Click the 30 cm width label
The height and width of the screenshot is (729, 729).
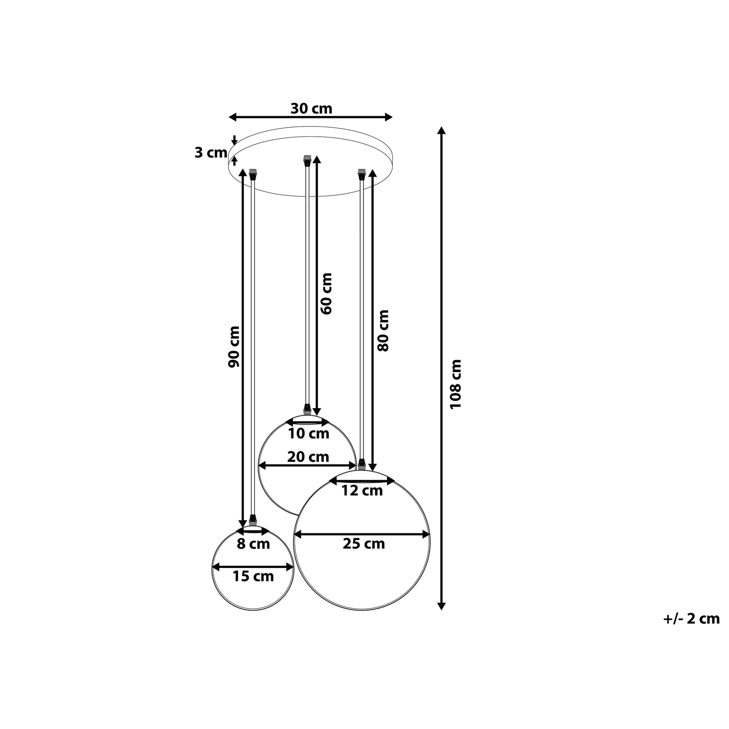[x=311, y=109]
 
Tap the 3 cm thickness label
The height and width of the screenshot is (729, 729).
[x=211, y=153]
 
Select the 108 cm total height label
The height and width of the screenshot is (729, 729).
[x=456, y=384]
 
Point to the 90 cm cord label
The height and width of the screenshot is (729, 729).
[x=234, y=347]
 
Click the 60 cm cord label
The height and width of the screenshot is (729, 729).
[x=326, y=294]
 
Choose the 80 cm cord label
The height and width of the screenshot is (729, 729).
[x=383, y=330]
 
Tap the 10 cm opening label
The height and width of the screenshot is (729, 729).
[x=309, y=434]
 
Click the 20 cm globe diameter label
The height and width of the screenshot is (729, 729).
[x=308, y=457]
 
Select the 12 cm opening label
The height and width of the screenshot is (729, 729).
[x=362, y=491]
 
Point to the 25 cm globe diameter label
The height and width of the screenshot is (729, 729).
[x=364, y=544]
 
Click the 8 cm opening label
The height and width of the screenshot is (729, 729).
[x=253, y=544]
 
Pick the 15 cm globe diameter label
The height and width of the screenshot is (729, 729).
[x=253, y=576]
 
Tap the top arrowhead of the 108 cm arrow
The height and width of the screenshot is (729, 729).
[x=441, y=131]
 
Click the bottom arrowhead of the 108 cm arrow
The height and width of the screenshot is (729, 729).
[x=441, y=606]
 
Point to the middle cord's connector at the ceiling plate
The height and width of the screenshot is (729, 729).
[x=307, y=160]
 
